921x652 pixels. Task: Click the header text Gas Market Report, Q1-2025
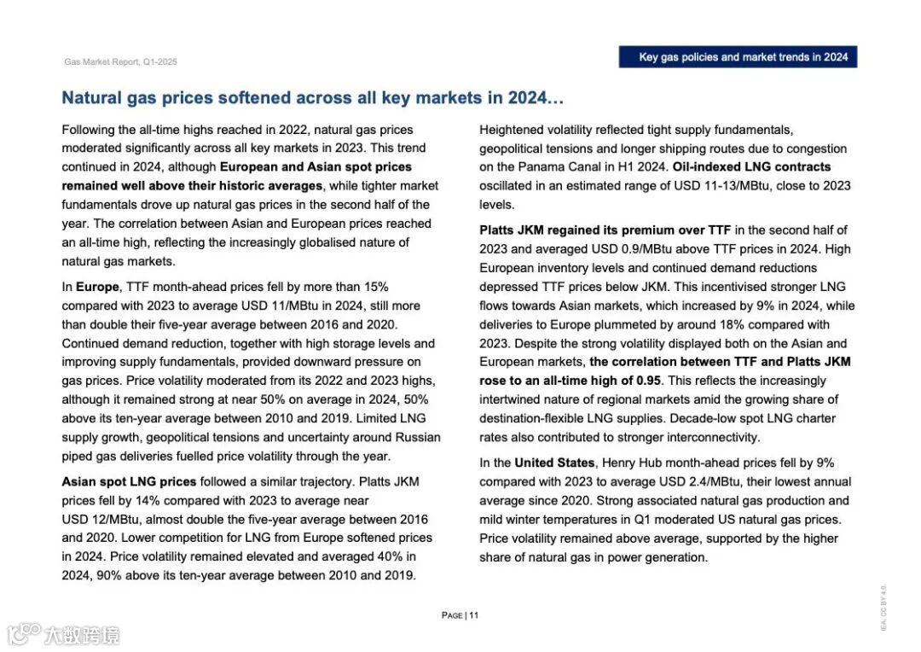[x=120, y=62]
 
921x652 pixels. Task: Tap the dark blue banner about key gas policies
[x=738, y=57]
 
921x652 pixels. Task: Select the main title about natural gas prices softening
[x=312, y=98]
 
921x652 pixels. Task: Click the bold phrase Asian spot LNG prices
[x=129, y=481]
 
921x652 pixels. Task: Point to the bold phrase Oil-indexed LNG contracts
[x=751, y=166]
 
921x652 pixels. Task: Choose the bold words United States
[x=554, y=463]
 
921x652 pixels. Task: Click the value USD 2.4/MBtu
[x=664, y=481]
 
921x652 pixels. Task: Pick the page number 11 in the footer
[x=473, y=615]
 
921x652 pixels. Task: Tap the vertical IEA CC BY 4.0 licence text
[x=883, y=607]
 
